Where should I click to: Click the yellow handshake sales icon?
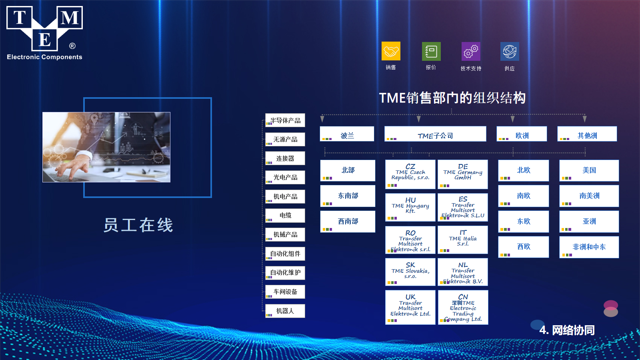pyautogui.click(x=391, y=51)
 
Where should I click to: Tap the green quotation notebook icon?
pyautogui.click(x=431, y=52)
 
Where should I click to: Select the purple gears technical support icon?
pyautogui.click(x=471, y=52)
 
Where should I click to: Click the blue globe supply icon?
pyautogui.click(x=510, y=52)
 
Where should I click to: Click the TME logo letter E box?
pyautogui.click(x=44, y=40)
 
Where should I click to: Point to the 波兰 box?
pyautogui.click(x=347, y=134)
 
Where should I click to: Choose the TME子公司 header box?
pyautogui.click(x=435, y=134)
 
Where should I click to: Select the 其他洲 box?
pyautogui.click(x=587, y=134)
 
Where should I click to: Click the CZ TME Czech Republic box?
pyautogui.click(x=410, y=174)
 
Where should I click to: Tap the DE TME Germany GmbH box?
pyautogui.click(x=463, y=174)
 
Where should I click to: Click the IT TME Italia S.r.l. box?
pyautogui.click(x=463, y=240)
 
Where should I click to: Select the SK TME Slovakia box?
pyautogui.click(x=410, y=272)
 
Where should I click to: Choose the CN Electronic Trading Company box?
pyautogui.click(x=463, y=308)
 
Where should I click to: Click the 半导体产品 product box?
pyautogui.click(x=285, y=120)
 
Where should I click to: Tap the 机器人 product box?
pyautogui.click(x=285, y=311)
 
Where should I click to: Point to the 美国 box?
pyautogui.click(x=589, y=170)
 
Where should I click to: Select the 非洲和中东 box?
pyautogui.click(x=589, y=247)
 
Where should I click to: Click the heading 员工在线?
pyautogui.click(x=138, y=225)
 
